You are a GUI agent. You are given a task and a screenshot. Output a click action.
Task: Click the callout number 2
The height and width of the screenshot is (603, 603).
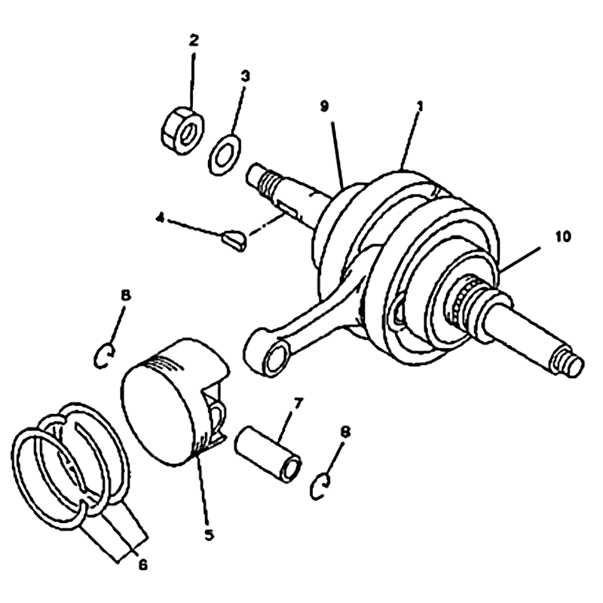click(194, 40)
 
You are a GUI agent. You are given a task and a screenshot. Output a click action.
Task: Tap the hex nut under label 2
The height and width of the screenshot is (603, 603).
click(182, 130)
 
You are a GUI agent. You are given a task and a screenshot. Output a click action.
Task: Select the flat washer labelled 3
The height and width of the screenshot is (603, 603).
click(224, 155)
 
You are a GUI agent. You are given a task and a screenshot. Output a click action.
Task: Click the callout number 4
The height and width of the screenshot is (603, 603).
click(160, 219)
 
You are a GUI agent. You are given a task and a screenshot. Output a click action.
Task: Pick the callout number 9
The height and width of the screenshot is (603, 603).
click(325, 106)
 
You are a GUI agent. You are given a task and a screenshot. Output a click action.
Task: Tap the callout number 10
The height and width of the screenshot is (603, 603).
click(562, 237)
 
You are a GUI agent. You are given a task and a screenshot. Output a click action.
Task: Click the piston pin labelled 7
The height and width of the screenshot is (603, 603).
click(268, 455)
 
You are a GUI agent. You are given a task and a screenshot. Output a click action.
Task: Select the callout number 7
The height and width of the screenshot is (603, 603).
click(298, 403)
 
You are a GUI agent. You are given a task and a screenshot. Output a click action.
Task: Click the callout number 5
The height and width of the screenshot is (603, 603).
click(210, 535)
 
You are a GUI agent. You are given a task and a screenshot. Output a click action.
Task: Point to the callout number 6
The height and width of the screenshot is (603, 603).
click(142, 565)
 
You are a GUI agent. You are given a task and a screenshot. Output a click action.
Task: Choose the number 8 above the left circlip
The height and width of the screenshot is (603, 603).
click(126, 295)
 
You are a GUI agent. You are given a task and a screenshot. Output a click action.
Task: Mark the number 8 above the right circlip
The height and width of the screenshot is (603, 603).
click(345, 432)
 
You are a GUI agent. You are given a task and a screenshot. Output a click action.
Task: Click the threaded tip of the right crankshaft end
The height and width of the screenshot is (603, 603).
click(568, 362)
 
